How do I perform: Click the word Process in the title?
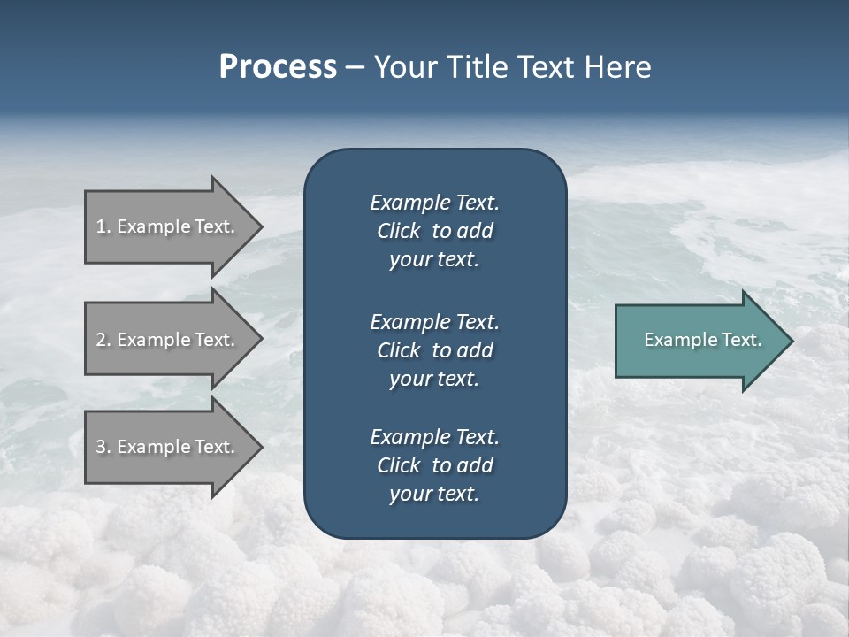(x=278, y=67)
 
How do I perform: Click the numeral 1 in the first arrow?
(x=101, y=226)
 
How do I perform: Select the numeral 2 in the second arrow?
(x=101, y=340)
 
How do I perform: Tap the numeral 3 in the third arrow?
(x=101, y=447)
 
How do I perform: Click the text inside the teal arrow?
(x=702, y=340)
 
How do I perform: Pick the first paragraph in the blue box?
(x=434, y=231)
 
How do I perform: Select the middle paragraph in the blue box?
(x=434, y=349)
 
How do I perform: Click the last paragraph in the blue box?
(x=434, y=465)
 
